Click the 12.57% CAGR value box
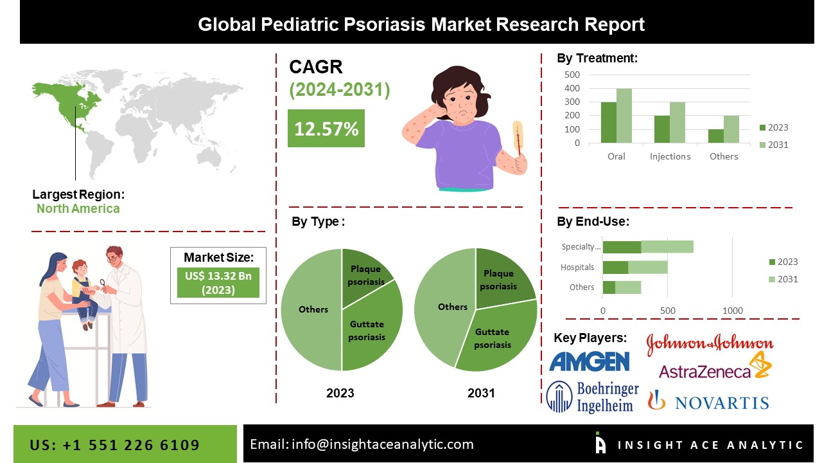pos(326,128)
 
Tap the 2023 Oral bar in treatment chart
pos(608,122)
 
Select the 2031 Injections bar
pos(678,122)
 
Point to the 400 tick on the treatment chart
pos(572,88)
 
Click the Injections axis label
pos(670,156)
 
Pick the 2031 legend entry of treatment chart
pos(774,145)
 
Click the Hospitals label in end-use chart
pos(577,267)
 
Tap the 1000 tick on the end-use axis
pos(733,311)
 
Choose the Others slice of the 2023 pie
pos(312,309)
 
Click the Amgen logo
pos(590,361)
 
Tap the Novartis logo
pos(708,401)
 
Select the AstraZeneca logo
pos(715,367)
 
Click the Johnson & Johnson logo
pos(710,343)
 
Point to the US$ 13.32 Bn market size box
pos(218,282)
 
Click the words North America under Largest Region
pos(78,209)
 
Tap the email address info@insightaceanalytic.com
pos(382,444)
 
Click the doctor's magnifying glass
pos(103,284)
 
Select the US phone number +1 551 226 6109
pos(131,445)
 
